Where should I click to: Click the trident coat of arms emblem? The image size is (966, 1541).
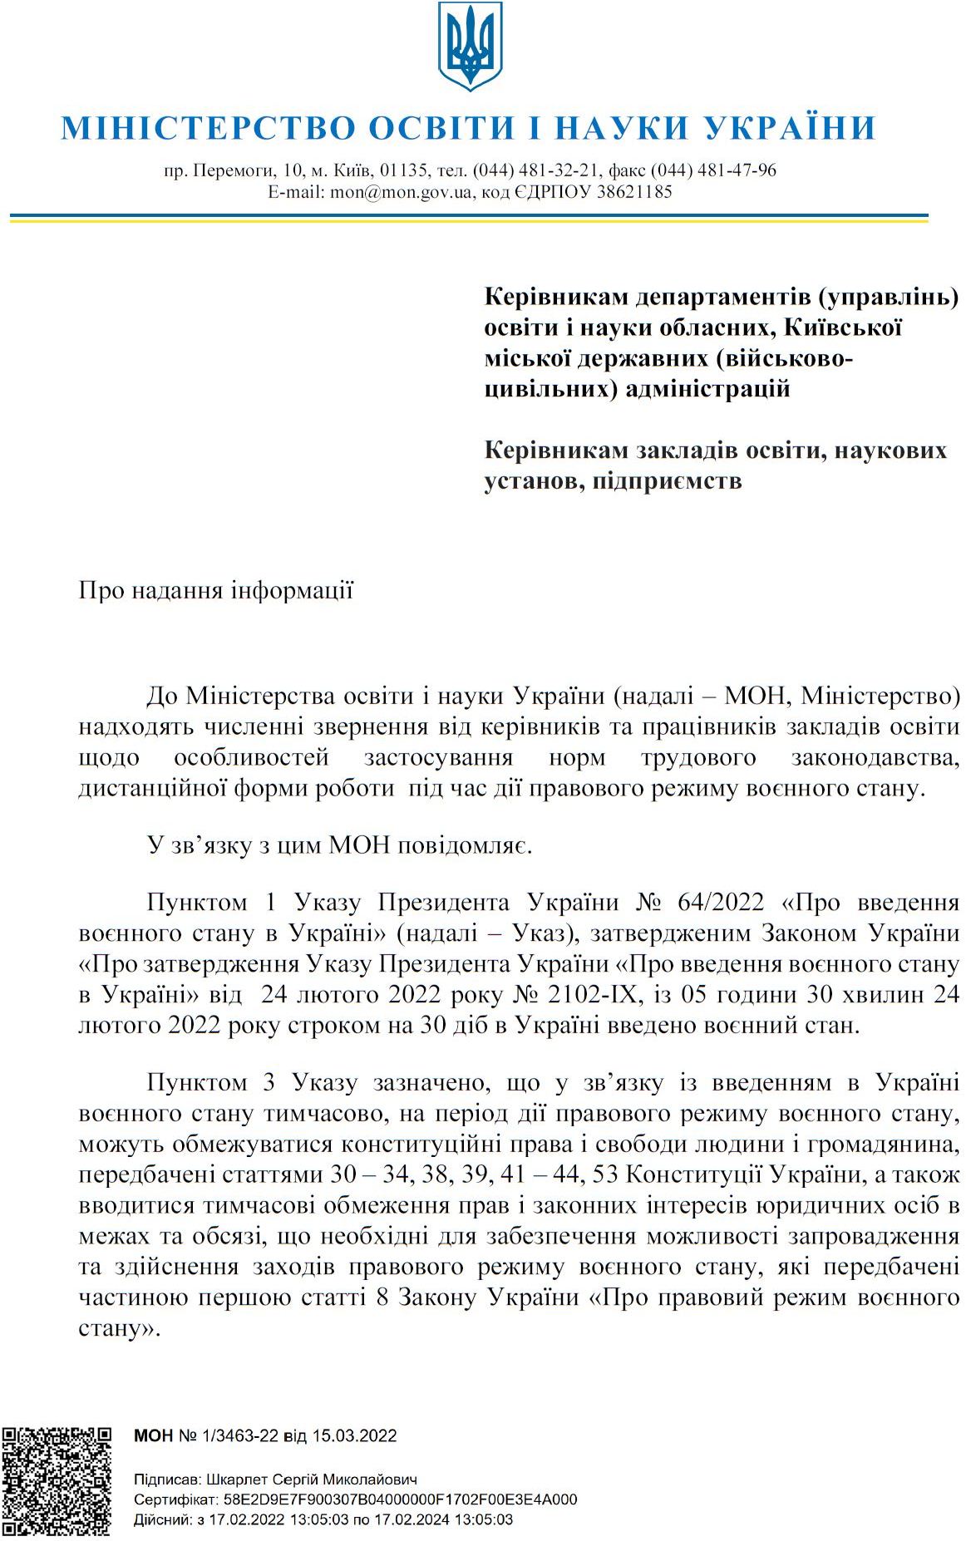[x=470, y=46]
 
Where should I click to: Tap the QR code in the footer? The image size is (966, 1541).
[x=57, y=1480]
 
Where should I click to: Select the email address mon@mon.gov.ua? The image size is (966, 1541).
[x=402, y=193]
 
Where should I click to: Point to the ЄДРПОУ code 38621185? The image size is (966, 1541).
[x=634, y=193]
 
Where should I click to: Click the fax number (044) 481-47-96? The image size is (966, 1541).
[x=713, y=170]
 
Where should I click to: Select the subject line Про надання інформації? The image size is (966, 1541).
[x=215, y=591]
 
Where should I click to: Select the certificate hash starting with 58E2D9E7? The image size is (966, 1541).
[x=397, y=1499]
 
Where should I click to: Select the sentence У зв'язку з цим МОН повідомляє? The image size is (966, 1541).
[x=339, y=846]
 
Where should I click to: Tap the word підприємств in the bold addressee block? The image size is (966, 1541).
[x=667, y=481]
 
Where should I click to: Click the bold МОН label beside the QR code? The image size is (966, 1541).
[x=153, y=1435]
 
